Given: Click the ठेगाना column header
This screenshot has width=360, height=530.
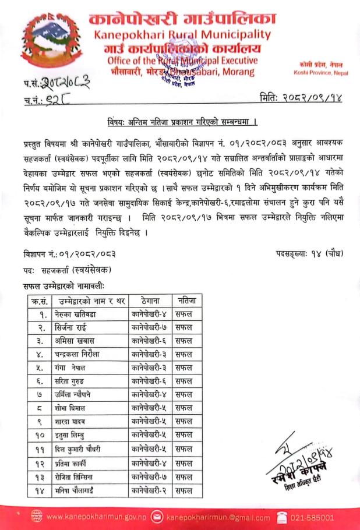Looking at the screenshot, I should click(150, 301).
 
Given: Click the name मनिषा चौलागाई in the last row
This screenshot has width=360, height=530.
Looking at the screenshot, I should click(80, 490).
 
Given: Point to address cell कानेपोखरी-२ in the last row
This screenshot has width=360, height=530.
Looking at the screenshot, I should click(150, 490).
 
